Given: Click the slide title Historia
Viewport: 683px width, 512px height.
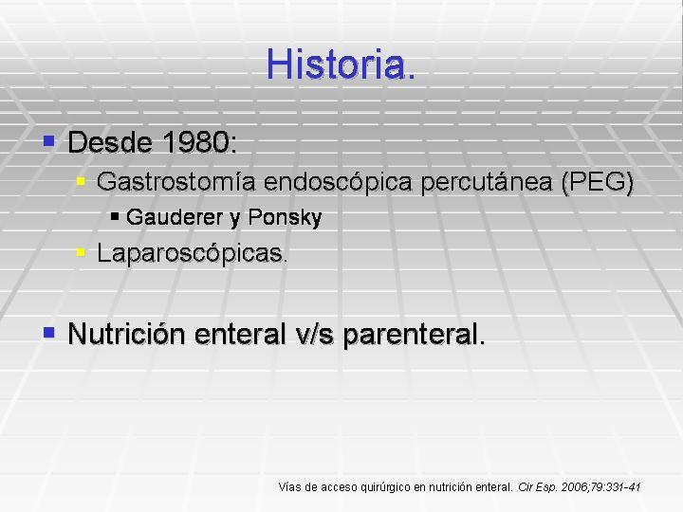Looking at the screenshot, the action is [341, 64].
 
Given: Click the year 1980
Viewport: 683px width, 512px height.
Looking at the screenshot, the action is [198, 142].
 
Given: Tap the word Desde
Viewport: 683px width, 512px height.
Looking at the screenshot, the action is [111, 142].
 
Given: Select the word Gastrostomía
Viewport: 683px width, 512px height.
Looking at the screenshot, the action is [176, 181].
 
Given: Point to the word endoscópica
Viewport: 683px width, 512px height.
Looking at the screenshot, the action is [338, 183].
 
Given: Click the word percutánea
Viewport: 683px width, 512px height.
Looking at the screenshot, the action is [487, 183].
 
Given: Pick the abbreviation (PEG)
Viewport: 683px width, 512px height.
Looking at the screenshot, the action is [598, 183].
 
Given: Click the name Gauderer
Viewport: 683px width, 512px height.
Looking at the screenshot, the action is [175, 217].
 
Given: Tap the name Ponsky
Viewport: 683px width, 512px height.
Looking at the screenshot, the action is [285, 218].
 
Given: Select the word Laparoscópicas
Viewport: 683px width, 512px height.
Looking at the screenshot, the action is [192, 253].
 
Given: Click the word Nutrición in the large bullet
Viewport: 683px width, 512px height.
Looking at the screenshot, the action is [127, 335].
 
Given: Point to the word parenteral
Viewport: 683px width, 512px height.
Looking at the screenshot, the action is [414, 336].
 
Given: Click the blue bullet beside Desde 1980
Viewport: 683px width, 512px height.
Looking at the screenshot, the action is [48, 140].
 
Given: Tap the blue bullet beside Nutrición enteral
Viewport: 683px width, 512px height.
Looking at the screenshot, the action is [48, 333].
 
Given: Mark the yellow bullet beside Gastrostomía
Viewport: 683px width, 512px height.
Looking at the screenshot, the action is [81, 181].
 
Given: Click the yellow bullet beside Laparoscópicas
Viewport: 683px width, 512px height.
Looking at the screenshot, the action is [81, 252].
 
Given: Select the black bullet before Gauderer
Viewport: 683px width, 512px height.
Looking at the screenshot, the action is [115, 216].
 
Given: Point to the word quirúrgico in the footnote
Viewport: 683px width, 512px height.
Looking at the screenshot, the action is [386, 487].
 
